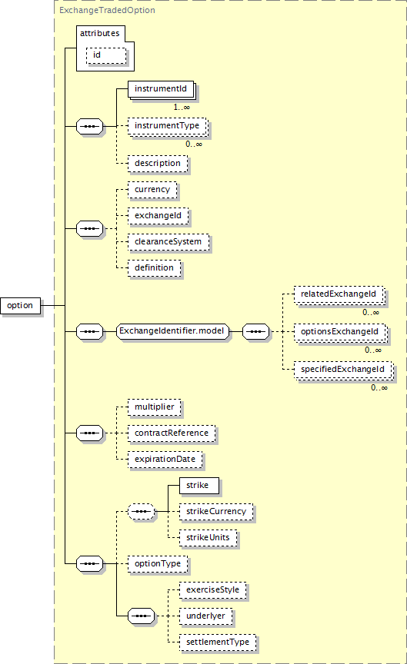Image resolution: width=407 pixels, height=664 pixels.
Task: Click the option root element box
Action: pos(20,305)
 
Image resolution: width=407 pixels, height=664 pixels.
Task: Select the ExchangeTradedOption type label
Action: pos(107,10)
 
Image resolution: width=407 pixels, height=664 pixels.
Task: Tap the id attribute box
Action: pos(106,55)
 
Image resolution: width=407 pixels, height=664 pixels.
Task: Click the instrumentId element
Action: pos(161,89)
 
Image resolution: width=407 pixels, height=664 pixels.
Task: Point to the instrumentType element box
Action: pos(168,126)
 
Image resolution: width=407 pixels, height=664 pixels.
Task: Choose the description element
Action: pos(158,164)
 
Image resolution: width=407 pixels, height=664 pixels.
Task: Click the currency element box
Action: pos(152,190)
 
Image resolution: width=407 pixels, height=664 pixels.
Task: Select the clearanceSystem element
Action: pos(168,242)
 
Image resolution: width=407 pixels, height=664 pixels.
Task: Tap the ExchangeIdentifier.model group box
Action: pos(172,331)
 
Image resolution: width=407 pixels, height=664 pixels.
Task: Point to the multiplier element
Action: pos(155,407)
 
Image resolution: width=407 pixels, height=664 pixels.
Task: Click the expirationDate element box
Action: pos(165,460)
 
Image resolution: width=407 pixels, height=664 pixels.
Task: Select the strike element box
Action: pos(199,486)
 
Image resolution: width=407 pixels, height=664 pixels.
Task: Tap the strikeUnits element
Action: pos(209,538)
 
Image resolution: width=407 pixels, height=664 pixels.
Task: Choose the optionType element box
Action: pos(158,564)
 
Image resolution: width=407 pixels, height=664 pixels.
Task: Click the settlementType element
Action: pos(218,642)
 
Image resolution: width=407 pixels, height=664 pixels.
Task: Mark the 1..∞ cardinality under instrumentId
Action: pos(182,108)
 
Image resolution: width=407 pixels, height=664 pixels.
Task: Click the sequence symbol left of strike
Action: pos(141,512)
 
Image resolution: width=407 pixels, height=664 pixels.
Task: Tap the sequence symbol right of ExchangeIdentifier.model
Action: pos(255,331)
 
